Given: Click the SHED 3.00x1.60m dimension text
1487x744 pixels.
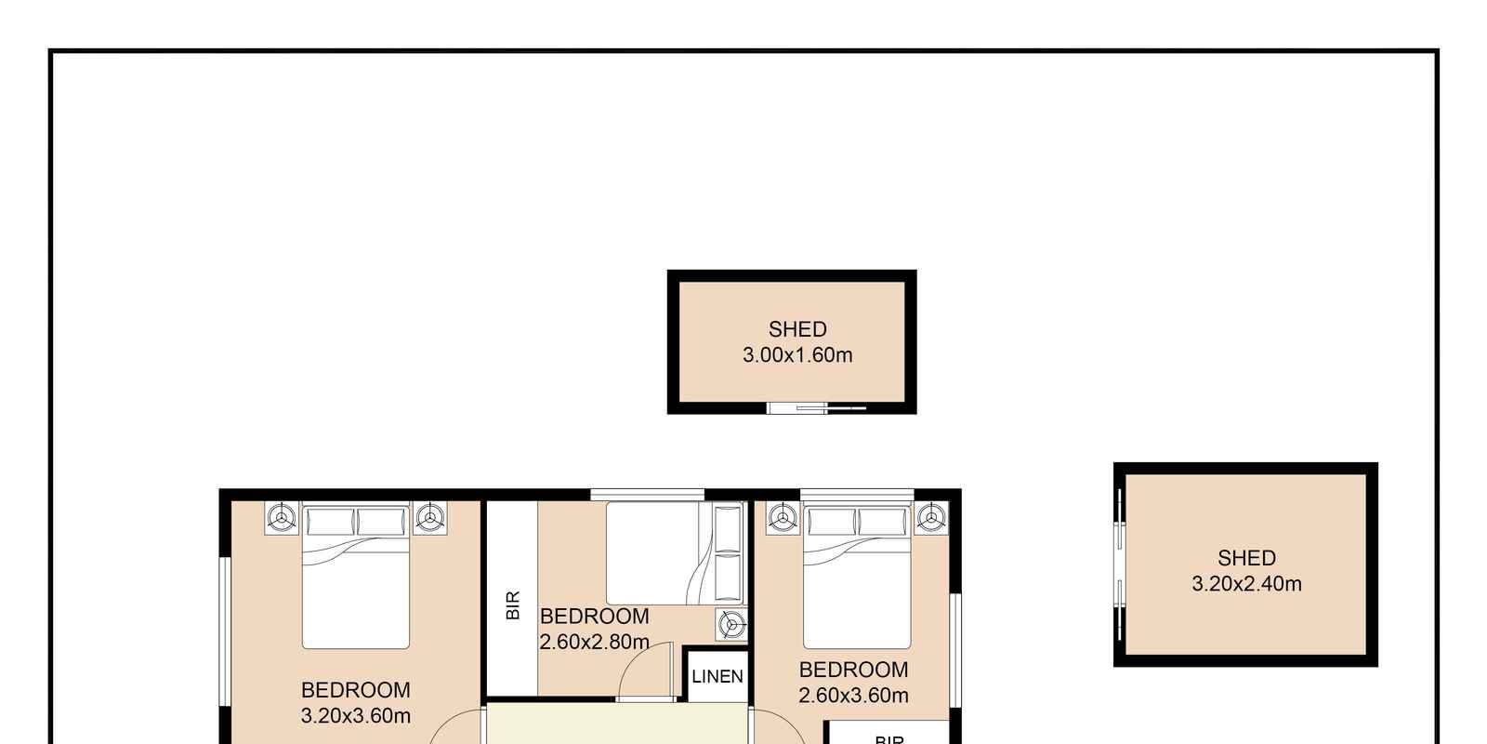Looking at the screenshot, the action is pyautogui.click(x=797, y=355).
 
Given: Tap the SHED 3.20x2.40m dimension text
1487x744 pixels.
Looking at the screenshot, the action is pyautogui.click(x=1246, y=584).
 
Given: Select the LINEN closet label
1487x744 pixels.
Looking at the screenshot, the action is pyautogui.click(x=717, y=676).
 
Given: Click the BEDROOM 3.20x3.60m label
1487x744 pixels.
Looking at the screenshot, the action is pyautogui.click(x=356, y=703).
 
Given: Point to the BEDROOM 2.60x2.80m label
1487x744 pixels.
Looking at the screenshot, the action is pyautogui.click(x=594, y=629).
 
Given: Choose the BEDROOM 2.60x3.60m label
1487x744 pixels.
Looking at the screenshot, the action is pyautogui.click(x=854, y=683).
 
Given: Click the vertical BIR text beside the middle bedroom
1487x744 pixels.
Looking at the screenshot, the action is pyautogui.click(x=512, y=605).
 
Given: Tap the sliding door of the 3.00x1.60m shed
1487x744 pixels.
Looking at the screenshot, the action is pyautogui.click(x=817, y=408).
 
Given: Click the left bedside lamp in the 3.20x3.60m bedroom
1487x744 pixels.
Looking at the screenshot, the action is pyautogui.click(x=282, y=517).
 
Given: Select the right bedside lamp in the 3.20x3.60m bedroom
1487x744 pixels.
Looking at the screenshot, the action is pyautogui.click(x=430, y=517).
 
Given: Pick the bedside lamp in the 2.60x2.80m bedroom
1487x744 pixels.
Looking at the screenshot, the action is pyautogui.click(x=731, y=624).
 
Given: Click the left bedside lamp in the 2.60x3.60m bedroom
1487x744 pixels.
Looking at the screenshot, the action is pyautogui.click(x=783, y=517).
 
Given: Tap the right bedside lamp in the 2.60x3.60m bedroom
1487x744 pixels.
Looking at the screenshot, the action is pyautogui.click(x=931, y=517).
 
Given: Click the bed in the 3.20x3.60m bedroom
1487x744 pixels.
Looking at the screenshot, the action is pyautogui.click(x=356, y=576).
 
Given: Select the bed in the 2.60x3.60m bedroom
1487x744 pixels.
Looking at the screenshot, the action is pyautogui.click(x=857, y=576).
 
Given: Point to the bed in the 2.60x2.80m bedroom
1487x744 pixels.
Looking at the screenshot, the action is pyautogui.click(x=675, y=553).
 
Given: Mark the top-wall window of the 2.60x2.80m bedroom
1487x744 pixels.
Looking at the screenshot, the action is pyautogui.click(x=647, y=495).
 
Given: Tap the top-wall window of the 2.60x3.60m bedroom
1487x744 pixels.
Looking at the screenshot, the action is pyautogui.click(x=857, y=495).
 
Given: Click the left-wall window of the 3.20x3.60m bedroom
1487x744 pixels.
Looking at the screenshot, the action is pyautogui.click(x=225, y=631).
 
